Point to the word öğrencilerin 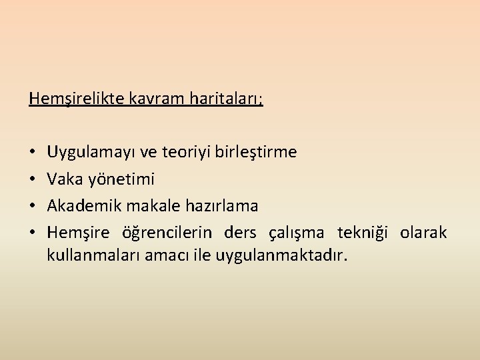pyautogui.click(x=167, y=233)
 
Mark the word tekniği pyautogui.click(x=364, y=233)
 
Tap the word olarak pyautogui.click(x=423, y=233)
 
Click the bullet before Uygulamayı pyautogui.click(x=33, y=153)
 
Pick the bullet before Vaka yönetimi pyautogui.click(x=33, y=179)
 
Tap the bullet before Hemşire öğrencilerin pyautogui.click(x=33, y=233)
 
